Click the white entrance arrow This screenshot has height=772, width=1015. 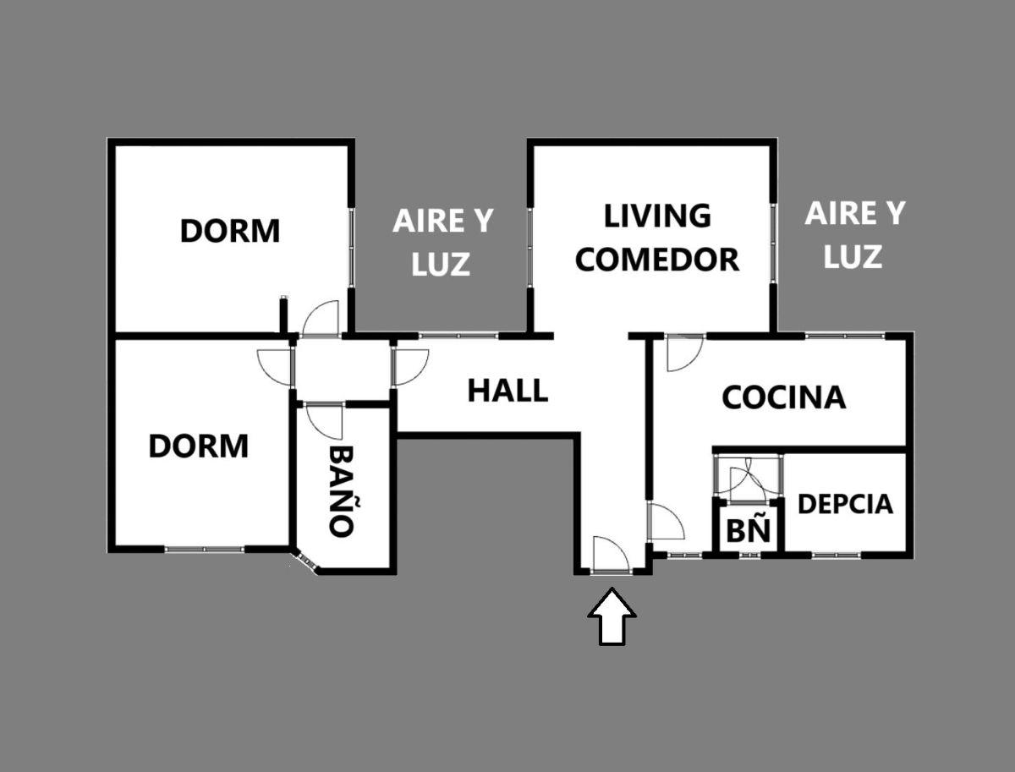[612, 616]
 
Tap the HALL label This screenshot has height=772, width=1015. [507, 390]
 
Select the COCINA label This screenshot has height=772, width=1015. [784, 397]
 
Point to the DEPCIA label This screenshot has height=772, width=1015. [845, 504]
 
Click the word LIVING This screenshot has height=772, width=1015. [657, 216]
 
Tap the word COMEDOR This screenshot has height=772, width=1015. [657, 260]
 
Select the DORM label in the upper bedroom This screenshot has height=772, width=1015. [230, 231]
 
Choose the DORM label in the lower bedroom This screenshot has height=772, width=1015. [199, 446]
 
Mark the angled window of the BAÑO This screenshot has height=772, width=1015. [305, 562]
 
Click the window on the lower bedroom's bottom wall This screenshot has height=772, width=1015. [205, 549]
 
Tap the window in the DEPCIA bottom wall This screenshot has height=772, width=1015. [837, 556]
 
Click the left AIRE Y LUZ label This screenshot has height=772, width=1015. [442, 242]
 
